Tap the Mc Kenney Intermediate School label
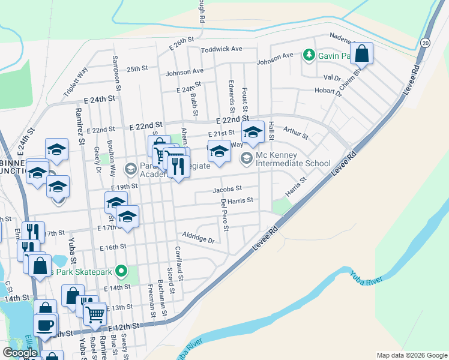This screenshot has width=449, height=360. coord(293,158)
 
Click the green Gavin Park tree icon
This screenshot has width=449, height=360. coord(309,55)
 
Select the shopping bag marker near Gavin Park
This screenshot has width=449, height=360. coord(362,54)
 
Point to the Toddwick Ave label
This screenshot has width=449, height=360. coord(221,49)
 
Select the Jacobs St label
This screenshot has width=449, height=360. coord(227,190)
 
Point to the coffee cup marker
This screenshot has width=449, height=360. coord(44,325)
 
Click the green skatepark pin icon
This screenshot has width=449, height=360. coord(121,272)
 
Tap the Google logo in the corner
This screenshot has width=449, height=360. coord(20,353)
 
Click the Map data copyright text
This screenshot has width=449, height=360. coord(411,355)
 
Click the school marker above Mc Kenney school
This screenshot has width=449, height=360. coord(253,133)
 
